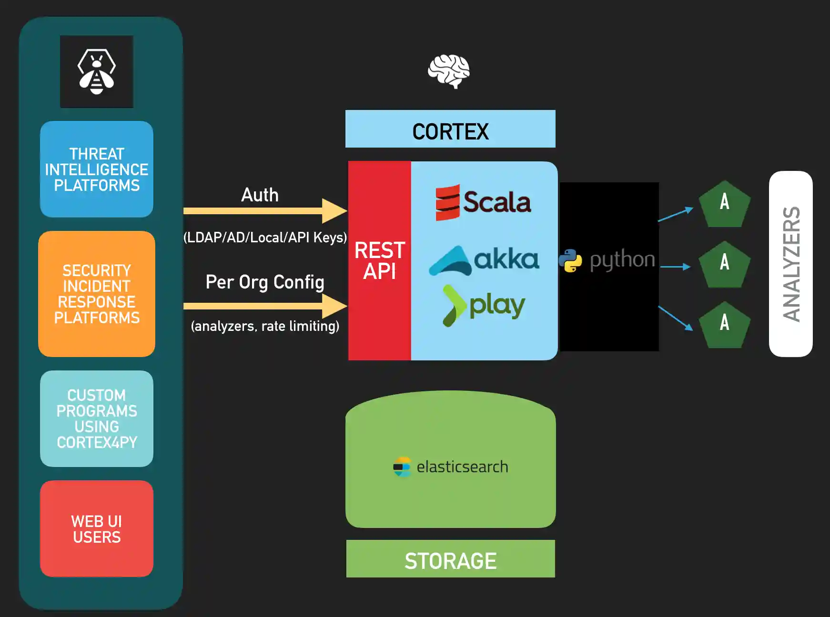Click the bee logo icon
click(x=97, y=72)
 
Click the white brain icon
click(x=448, y=71)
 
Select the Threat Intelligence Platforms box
click(x=97, y=169)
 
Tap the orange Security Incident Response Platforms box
click(x=97, y=294)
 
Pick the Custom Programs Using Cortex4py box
click(x=97, y=418)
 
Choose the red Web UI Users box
click(x=97, y=529)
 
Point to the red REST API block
click(x=380, y=260)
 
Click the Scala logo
click(x=483, y=202)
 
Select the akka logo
click(x=484, y=260)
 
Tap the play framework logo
click(x=484, y=306)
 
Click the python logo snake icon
click(x=570, y=260)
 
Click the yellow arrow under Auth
click(x=265, y=211)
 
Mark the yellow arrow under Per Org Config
click(x=265, y=306)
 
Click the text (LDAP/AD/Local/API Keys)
click(x=265, y=237)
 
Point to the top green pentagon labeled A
click(x=724, y=204)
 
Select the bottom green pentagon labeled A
click(x=724, y=325)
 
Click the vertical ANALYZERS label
click(x=791, y=264)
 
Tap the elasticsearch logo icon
click(x=402, y=467)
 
